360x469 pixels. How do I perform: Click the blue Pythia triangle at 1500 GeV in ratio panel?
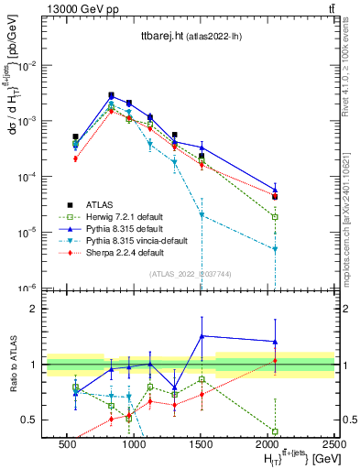click(202, 335)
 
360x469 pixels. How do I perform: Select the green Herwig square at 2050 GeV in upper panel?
click(275, 216)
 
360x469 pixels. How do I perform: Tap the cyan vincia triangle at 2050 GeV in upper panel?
click(275, 248)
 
